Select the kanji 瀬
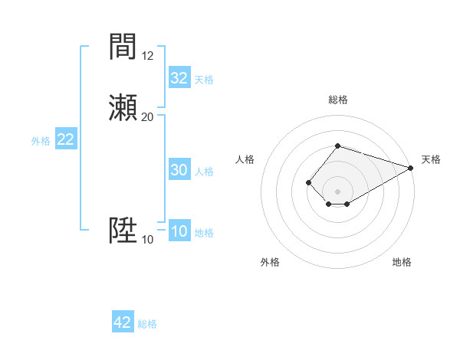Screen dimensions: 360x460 [123, 107]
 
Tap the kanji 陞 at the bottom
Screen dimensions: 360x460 [123, 231]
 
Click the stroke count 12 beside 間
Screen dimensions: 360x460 [148, 56]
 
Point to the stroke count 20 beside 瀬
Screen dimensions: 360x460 [148, 117]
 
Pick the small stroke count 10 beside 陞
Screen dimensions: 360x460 [148, 240]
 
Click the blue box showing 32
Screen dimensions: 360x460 [179, 78]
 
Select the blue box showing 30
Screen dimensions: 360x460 [179, 170]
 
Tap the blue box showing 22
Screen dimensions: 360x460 [66, 139]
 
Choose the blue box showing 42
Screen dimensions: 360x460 [123, 322]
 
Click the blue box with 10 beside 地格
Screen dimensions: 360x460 [179, 232]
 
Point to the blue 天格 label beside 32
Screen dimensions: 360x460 [204, 80]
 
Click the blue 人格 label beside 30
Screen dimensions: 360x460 [205, 172]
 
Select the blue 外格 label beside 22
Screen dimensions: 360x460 [41, 141]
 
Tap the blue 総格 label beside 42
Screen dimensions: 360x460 [147, 324]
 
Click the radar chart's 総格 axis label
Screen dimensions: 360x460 [338, 100]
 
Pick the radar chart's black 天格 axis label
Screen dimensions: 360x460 [431, 159]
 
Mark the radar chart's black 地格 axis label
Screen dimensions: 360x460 [402, 262]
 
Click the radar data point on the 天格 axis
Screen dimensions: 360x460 [412, 168]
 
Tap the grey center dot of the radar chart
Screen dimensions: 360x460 [338, 191]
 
